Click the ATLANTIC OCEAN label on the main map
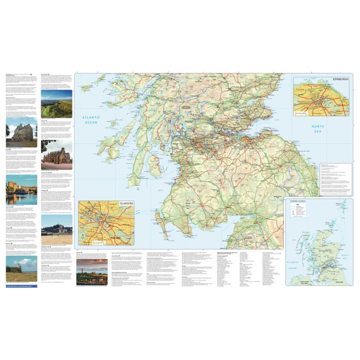pos(91,120)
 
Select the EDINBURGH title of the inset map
pos(340,79)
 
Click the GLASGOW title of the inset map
pos(125,204)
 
